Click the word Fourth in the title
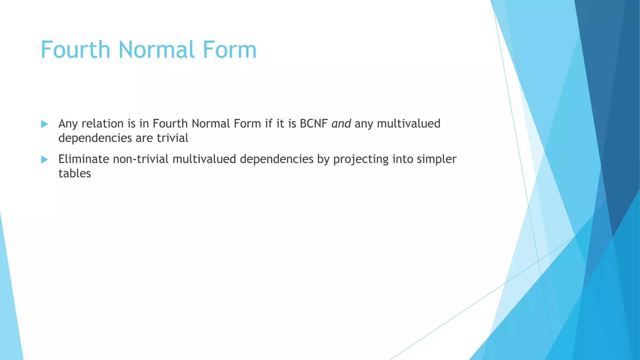75,50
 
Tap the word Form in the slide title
230,50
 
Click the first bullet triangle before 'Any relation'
44,124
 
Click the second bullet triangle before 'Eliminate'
44,160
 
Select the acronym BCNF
313,124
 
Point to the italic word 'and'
341,124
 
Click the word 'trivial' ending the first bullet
172,138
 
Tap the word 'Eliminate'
83,159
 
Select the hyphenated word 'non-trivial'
141,159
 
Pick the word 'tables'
74,174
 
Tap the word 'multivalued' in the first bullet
408,124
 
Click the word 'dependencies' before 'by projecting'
277,159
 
